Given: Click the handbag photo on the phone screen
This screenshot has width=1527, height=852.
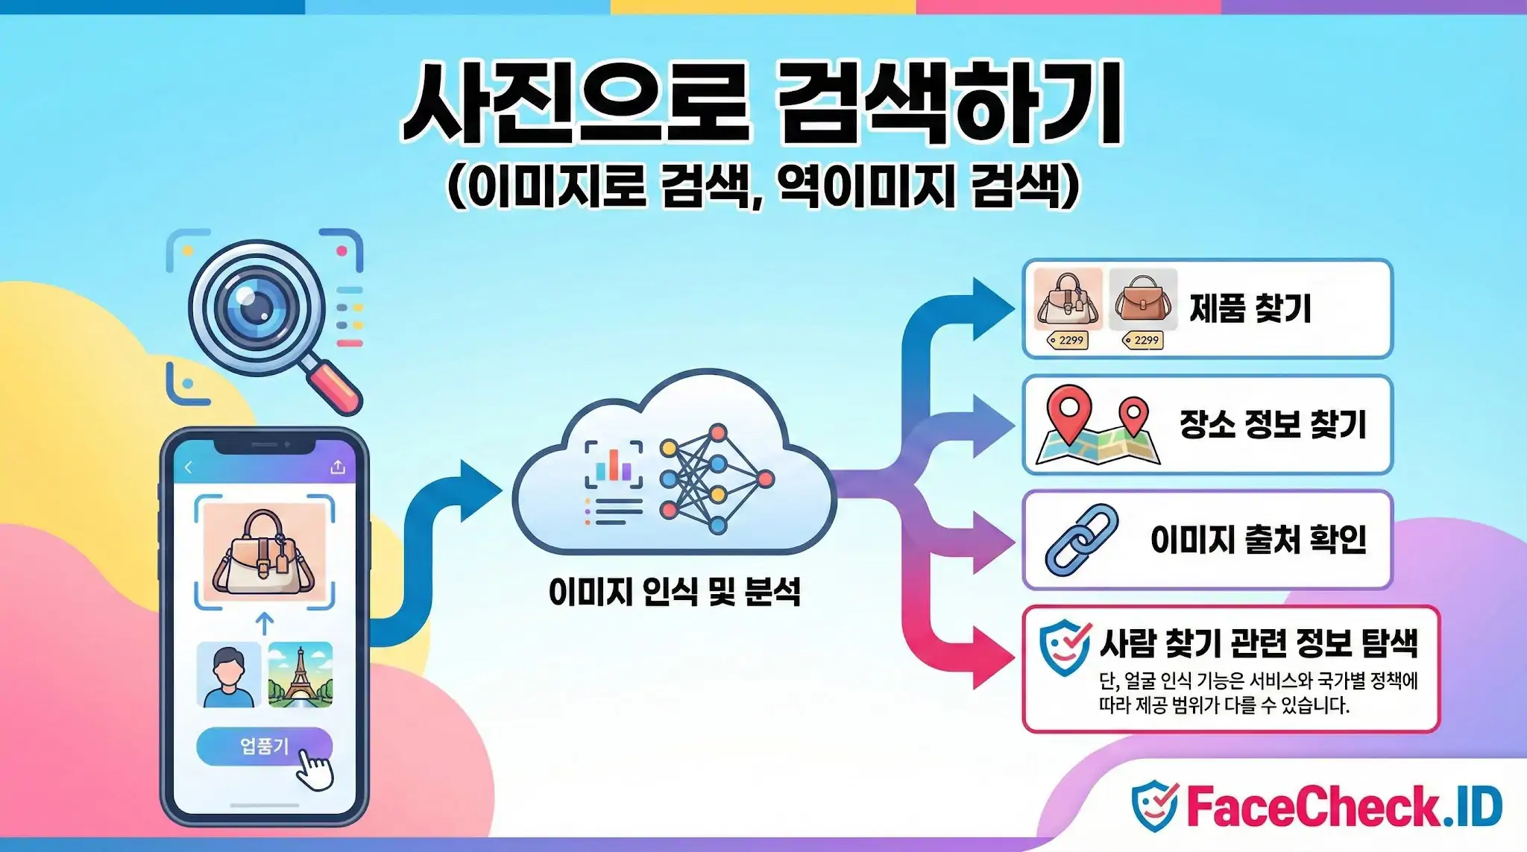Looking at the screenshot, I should pyautogui.click(x=264, y=552).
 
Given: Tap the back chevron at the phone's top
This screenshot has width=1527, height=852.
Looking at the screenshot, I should pyautogui.click(x=189, y=467).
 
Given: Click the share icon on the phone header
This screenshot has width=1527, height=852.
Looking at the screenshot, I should pyautogui.click(x=338, y=467).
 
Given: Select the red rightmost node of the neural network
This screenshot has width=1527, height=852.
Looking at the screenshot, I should pyautogui.click(x=765, y=479).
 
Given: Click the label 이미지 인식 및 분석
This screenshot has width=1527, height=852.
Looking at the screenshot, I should pyautogui.click(x=674, y=593).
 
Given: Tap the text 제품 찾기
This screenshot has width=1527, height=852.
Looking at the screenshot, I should pyautogui.click(x=1250, y=309).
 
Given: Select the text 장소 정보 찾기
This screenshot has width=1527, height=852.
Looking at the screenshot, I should pyautogui.click(x=1272, y=424).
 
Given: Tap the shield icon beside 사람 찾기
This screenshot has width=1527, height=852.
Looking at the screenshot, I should pyautogui.click(x=1064, y=647).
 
